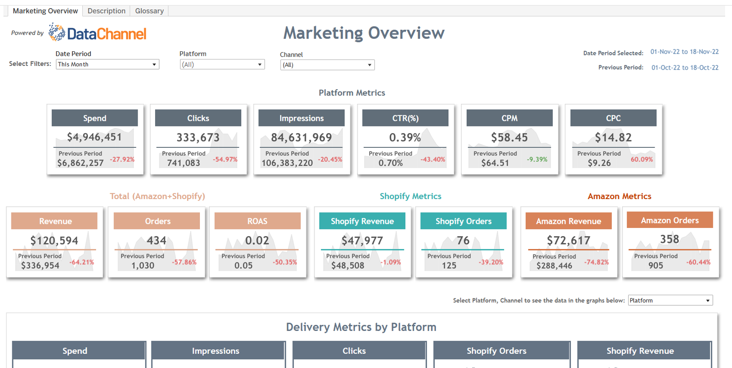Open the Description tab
click(x=106, y=11)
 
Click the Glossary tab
click(x=149, y=11)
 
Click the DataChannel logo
click(x=97, y=33)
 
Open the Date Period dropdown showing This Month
click(x=107, y=65)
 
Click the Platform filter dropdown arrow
click(x=260, y=65)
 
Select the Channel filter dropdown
click(x=327, y=65)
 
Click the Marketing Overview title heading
click(x=364, y=33)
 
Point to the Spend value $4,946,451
click(x=94, y=137)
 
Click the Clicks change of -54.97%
click(x=225, y=159)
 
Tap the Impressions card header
click(x=301, y=118)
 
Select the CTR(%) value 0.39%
click(x=405, y=137)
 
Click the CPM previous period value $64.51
click(x=495, y=163)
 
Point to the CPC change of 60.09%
click(x=641, y=159)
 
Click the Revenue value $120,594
click(x=54, y=240)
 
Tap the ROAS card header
click(x=257, y=221)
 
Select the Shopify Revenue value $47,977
click(x=362, y=240)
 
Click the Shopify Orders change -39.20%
click(x=490, y=262)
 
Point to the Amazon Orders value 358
click(x=669, y=239)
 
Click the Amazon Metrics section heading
click(x=619, y=196)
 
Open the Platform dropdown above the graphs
click(x=670, y=300)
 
